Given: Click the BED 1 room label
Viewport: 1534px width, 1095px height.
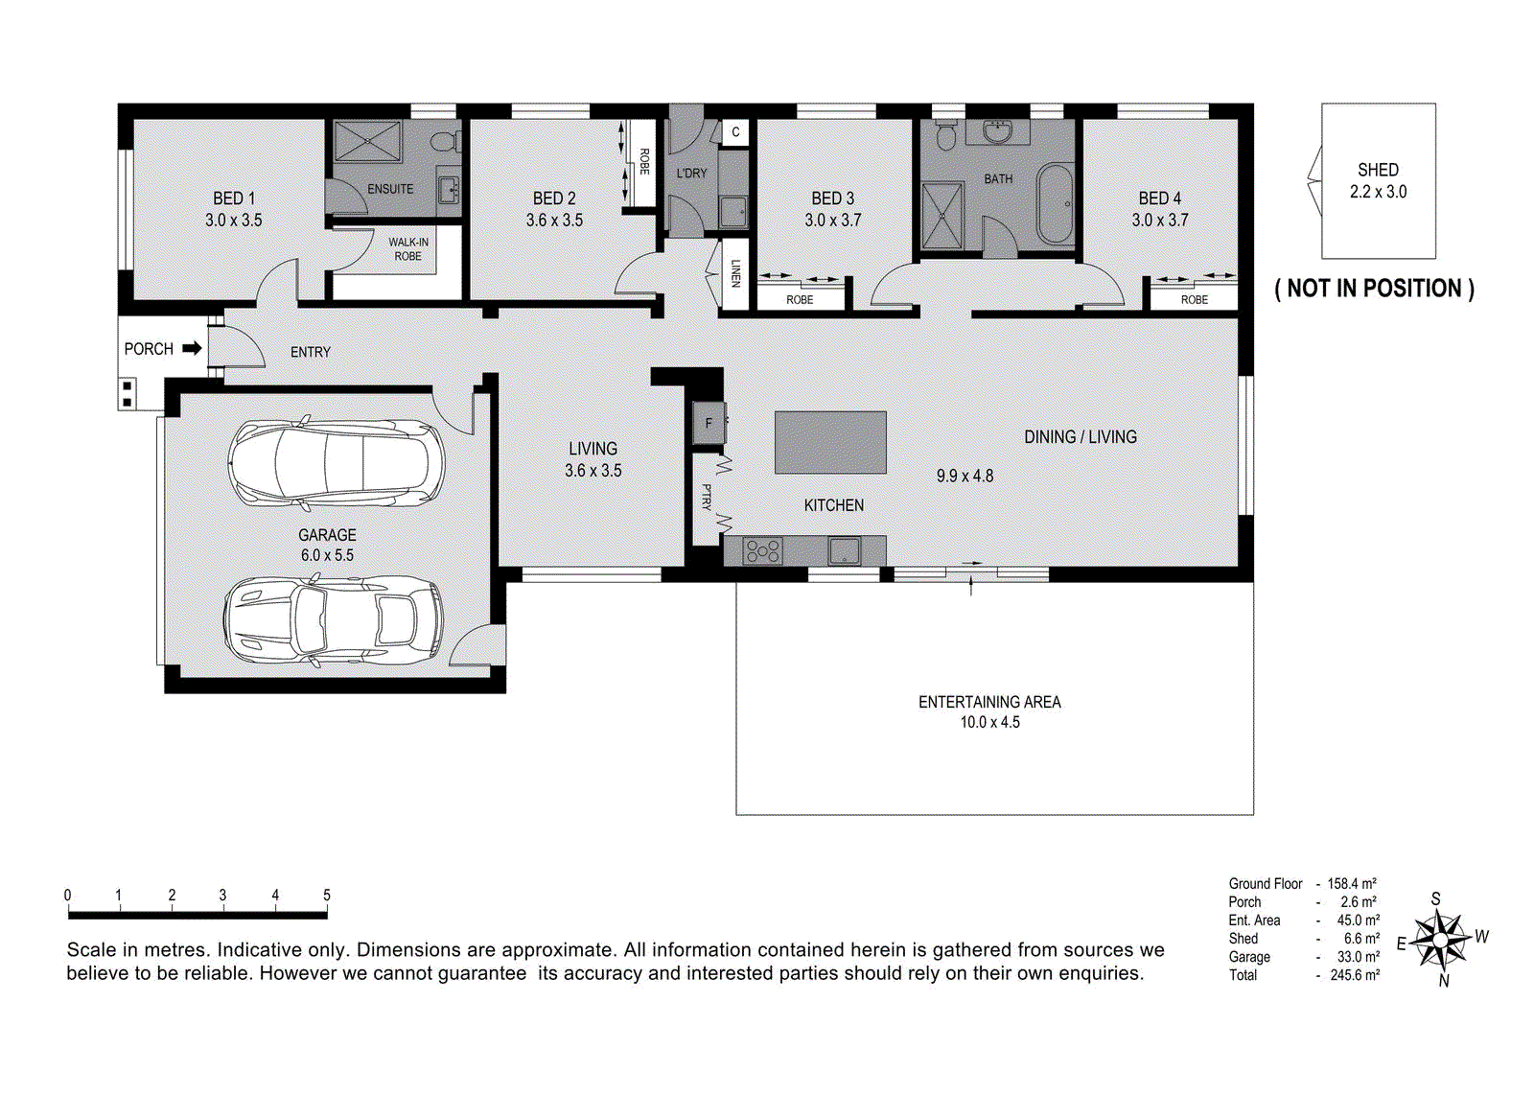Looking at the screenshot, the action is tap(234, 198).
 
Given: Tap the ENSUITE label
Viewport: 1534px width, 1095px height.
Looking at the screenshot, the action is tap(390, 189).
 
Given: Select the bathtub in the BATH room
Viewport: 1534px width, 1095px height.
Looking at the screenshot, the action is tap(1055, 204).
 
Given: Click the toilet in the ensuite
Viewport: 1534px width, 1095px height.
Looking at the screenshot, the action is tap(447, 141).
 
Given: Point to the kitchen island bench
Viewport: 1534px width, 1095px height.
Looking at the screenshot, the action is tap(830, 442).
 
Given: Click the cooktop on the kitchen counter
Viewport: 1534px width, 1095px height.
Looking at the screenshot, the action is tap(763, 551).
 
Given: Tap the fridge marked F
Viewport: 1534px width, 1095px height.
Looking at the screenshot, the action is tap(709, 423).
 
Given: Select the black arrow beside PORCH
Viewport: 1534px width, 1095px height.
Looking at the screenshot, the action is tap(193, 349).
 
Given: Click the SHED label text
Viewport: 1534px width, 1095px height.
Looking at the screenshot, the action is tap(1378, 170).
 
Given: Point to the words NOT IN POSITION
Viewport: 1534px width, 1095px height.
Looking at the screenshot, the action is tap(1374, 289).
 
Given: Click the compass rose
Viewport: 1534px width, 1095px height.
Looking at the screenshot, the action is tap(1442, 939).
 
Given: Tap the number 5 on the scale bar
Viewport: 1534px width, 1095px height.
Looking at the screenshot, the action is tap(327, 895).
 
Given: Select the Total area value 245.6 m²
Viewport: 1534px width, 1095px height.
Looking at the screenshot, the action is tap(1355, 975).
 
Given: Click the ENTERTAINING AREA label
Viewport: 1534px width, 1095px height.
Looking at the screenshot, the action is tap(989, 702).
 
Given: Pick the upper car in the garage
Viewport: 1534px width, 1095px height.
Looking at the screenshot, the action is tap(337, 464).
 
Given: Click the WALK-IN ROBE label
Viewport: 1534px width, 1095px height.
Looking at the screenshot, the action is tap(408, 249).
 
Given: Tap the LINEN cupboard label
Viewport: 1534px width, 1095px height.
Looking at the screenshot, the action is tap(735, 273).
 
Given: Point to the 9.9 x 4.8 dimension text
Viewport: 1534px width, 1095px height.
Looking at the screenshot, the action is tap(965, 476).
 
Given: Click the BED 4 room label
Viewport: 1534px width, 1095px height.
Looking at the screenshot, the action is tap(1159, 198).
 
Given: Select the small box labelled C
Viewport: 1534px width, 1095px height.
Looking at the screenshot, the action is tap(735, 132).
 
